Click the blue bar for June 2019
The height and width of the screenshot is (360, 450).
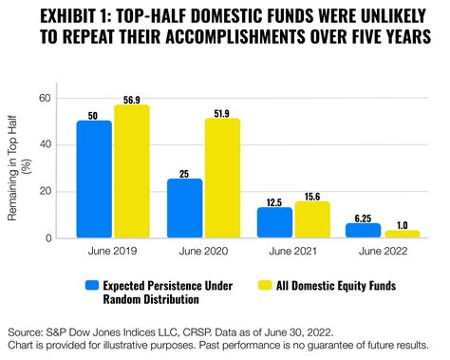pyautogui.click(x=94, y=180)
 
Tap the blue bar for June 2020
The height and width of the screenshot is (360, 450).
pyautogui.click(x=184, y=208)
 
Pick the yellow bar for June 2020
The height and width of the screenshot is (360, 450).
pyautogui.click(x=221, y=178)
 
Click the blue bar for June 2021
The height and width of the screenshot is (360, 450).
pyautogui.click(x=274, y=223)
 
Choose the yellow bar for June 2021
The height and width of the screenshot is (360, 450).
pyautogui.click(x=310, y=219)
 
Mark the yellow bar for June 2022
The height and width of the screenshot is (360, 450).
pyautogui.click(x=401, y=235)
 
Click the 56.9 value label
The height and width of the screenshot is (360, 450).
pyautogui.click(x=131, y=98)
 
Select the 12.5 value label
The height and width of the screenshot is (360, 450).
pyautogui.click(x=274, y=200)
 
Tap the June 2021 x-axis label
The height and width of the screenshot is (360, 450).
pyautogui.click(x=292, y=252)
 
